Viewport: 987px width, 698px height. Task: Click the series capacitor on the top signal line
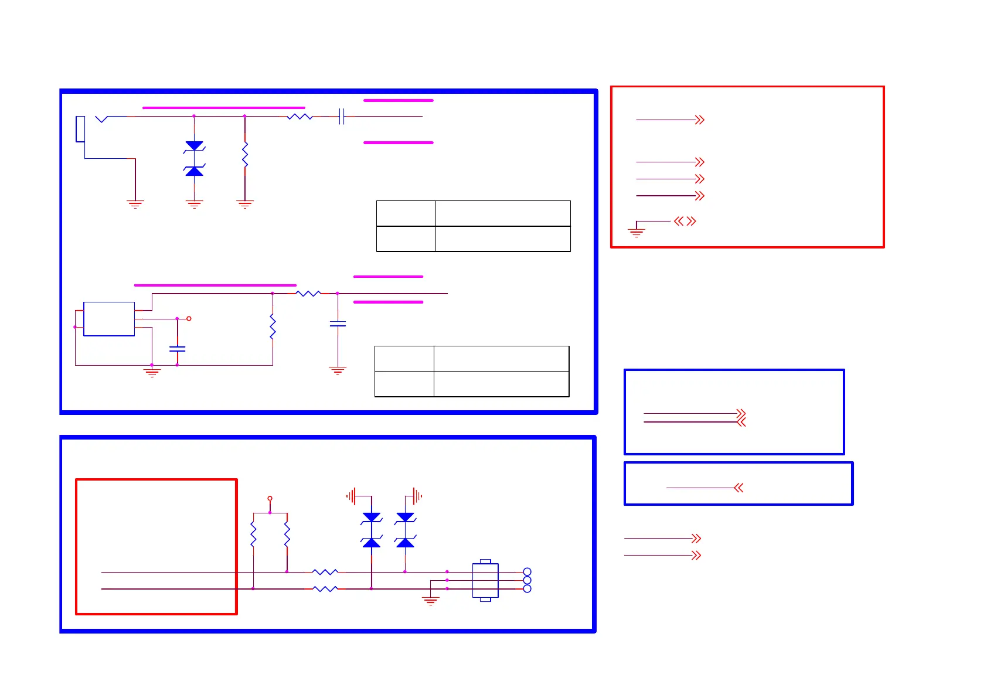tap(342, 117)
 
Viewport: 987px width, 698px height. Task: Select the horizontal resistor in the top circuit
tap(299, 117)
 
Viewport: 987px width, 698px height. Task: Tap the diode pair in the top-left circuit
tap(194, 158)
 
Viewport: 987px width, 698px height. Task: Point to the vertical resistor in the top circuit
tap(245, 155)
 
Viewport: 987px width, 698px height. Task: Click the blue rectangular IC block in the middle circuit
tap(109, 319)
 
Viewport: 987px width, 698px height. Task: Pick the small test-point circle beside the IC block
tap(189, 319)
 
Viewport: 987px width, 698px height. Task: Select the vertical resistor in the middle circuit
tap(273, 326)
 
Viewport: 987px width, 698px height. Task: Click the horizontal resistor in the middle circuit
tap(308, 293)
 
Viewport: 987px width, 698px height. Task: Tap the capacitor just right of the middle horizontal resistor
tap(338, 324)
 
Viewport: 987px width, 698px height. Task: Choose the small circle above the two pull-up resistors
tap(270, 498)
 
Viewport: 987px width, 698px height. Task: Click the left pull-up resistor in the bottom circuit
tap(253, 534)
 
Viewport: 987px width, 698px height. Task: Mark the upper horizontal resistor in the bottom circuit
tap(325, 571)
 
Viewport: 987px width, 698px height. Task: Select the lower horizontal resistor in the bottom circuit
tap(325, 588)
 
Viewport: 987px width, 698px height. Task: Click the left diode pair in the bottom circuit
tap(372, 530)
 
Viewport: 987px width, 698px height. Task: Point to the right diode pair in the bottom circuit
tap(405, 530)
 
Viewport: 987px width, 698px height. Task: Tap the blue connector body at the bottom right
tap(485, 580)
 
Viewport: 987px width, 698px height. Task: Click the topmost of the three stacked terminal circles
tap(527, 571)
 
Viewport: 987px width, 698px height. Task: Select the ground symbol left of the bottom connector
tap(431, 600)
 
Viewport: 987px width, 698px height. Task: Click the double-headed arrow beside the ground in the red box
tap(685, 221)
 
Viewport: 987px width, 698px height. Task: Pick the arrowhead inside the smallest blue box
tap(738, 488)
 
